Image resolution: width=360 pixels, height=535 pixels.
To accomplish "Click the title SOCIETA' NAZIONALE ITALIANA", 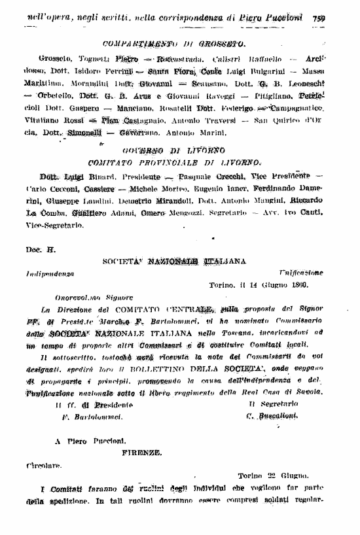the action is [174, 261].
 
